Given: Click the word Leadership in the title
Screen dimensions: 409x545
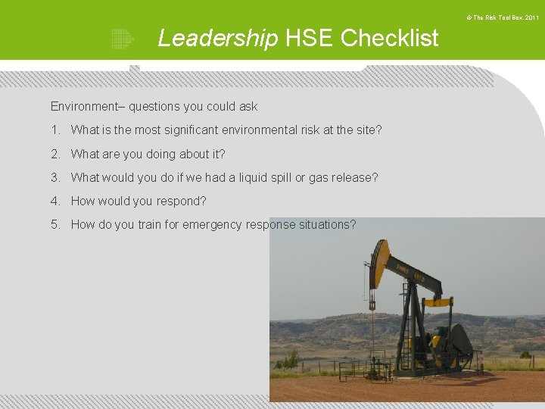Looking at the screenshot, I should click(217, 38).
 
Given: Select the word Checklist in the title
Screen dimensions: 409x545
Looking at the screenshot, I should click(389, 38).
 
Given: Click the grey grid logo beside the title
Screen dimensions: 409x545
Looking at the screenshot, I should click(122, 38).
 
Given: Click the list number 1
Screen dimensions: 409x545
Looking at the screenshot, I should click(55, 130).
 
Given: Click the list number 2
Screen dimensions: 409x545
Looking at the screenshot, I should click(55, 154).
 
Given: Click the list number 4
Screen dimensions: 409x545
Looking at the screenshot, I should click(55, 201).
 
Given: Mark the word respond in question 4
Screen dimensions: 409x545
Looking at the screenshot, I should click(184, 201).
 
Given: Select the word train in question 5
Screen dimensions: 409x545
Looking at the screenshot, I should click(152, 224).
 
